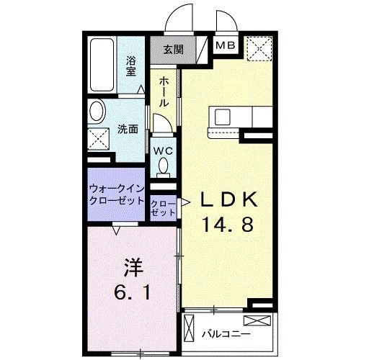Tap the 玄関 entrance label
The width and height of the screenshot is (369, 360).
[172, 49]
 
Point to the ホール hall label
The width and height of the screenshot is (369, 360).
[164, 91]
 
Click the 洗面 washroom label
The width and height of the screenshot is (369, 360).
[128, 130]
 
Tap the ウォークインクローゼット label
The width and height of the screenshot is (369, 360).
[117, 194]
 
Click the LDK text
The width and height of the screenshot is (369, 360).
[228, 199]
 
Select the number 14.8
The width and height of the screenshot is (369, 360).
[227, 224]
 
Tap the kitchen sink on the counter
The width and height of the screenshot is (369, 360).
[219, 116]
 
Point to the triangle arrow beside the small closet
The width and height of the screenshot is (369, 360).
[184, 202]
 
